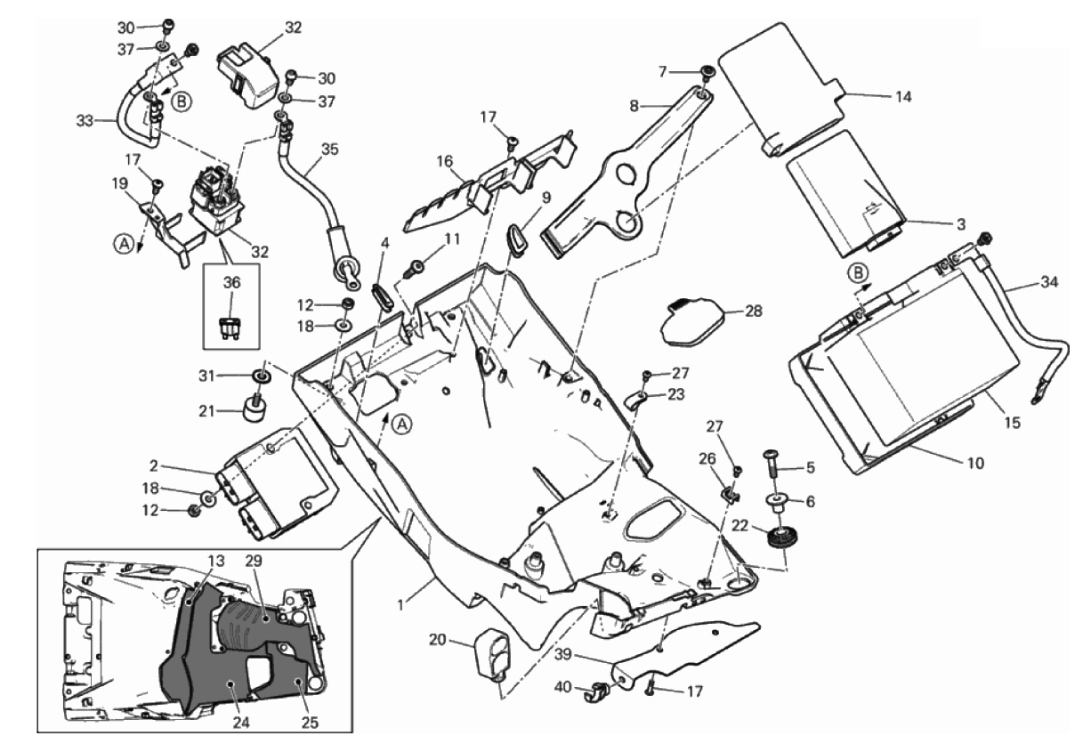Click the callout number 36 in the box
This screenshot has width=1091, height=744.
pyautogui.click(x=231, y=282)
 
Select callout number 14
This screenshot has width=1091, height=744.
pyautogui.click(x=903, y=96)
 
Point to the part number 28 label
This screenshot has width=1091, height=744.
pyautogui.click(x=754, y=311)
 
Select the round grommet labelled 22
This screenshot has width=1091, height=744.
pyautogui.click(x=784, y=539)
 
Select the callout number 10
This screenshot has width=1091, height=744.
pyautogui.click(x=975, y=463)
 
